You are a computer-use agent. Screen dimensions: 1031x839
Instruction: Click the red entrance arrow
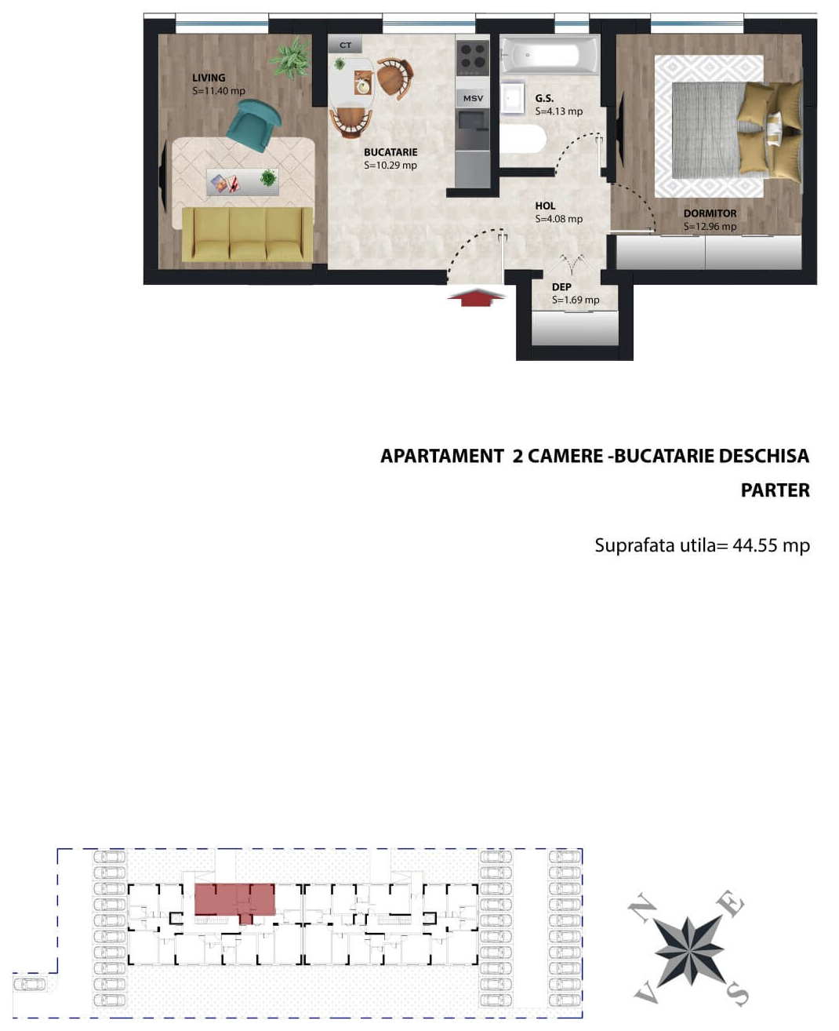click(x=476, y=297)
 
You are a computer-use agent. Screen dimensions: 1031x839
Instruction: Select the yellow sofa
click(x=247, y=234)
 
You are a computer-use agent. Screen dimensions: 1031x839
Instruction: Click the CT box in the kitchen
click(x=345, y=46)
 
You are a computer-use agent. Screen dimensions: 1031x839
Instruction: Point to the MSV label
click(x=473, y=98)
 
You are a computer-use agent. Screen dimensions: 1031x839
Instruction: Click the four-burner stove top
click(x=473, y=56)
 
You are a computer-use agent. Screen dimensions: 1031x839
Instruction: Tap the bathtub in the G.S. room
click(x=550, y=56)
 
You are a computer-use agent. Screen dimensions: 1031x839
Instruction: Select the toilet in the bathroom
click(x=522, y=140)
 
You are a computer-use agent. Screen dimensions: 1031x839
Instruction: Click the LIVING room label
click(x=209, y=78)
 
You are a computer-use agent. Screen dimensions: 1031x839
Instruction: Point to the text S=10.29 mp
click(x=390, y=166)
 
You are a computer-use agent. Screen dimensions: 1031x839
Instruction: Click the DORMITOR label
click(x=710, y=213)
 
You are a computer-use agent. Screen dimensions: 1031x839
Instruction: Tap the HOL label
click(x=545, y=206)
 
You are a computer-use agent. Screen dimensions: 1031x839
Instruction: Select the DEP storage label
click(x=561, y=287)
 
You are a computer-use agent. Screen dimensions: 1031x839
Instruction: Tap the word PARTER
click(x=775, y=490)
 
